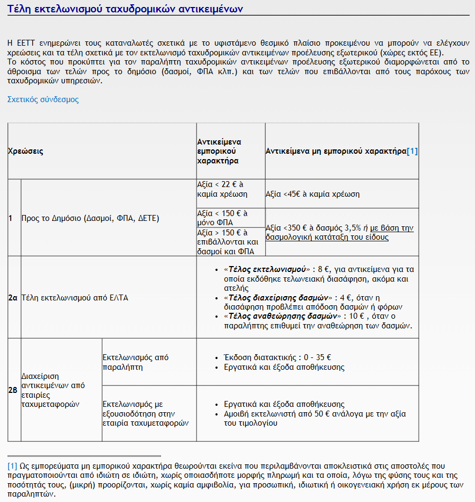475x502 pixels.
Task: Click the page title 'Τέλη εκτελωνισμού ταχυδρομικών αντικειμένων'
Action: [126, 9]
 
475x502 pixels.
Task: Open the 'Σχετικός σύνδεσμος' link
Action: [43, 99]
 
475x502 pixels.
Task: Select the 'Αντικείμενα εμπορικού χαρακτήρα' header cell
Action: [220, 151]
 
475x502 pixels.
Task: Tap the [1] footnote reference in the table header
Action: [412, 152]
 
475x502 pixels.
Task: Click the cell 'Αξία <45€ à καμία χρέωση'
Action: [313, 194]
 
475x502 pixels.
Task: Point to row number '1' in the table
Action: [10, 218]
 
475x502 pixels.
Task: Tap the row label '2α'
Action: [13, 297]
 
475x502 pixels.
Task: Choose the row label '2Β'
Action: [13, 390]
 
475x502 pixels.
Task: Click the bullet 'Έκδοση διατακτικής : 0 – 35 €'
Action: [277, 357]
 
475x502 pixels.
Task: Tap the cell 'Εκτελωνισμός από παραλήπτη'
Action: [135, 362]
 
